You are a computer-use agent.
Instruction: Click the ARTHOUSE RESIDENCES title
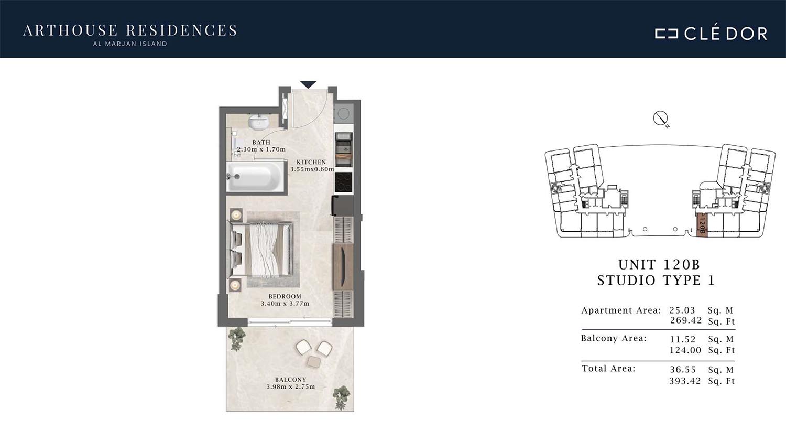point(130,30)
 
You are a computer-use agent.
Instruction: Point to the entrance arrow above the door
point(308,84)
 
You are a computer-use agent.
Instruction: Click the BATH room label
point(261,142)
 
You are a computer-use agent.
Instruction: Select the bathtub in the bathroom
point(255,177)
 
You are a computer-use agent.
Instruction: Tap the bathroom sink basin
point(259,122)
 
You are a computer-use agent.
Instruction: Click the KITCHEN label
point(311,162)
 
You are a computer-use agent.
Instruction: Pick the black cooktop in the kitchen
point(343,182)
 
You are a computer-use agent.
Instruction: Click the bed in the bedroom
point(261,250)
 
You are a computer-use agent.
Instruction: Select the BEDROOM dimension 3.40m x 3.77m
point(285,303)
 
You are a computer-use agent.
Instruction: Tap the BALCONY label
point(290,380)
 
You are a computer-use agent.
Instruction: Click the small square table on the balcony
point(313,361)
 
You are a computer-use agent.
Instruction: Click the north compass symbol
point(661,119)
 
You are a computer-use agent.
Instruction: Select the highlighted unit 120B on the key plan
point(702,225)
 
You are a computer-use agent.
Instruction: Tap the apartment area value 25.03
point(682,310)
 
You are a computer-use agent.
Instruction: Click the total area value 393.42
point(685,381)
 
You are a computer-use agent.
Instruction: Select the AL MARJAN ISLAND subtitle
point(130,44)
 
